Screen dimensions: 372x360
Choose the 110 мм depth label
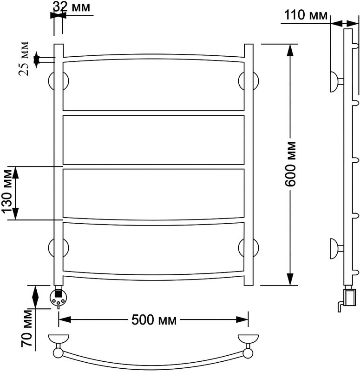[x=304, y=15]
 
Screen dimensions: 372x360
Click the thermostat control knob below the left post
[x=59, y=297]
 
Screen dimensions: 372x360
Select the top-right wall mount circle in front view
[x=249, y=82]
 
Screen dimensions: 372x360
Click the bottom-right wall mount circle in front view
[x=249, y=247]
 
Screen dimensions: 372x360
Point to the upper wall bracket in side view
[x=335, y=82]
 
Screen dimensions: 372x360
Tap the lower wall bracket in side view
[x=335, y=247]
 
